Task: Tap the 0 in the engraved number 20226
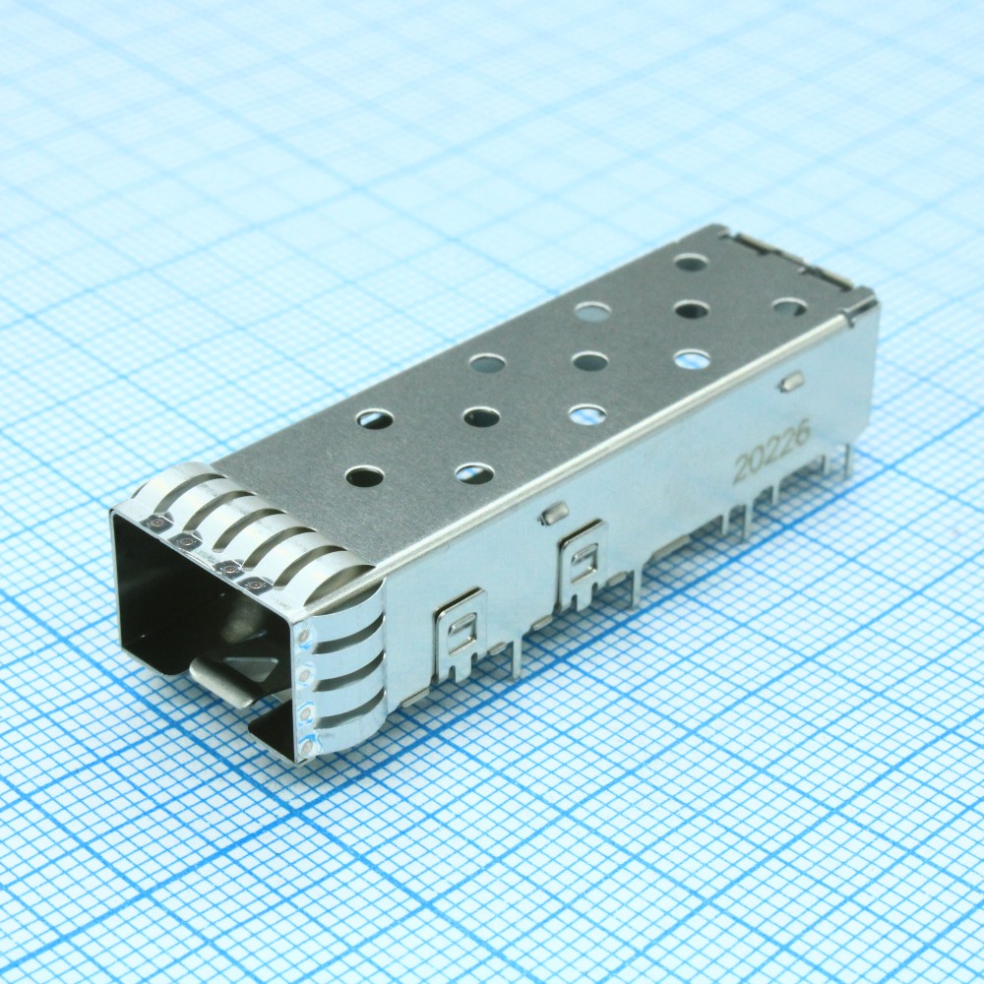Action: click(756, 459)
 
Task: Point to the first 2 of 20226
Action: click(741, 467)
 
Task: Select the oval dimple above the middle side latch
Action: click(554, 513)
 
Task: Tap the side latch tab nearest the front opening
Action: click(461, 633)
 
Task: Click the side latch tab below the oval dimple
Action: click(583, 563)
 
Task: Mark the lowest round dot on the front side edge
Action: click(306, 747)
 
